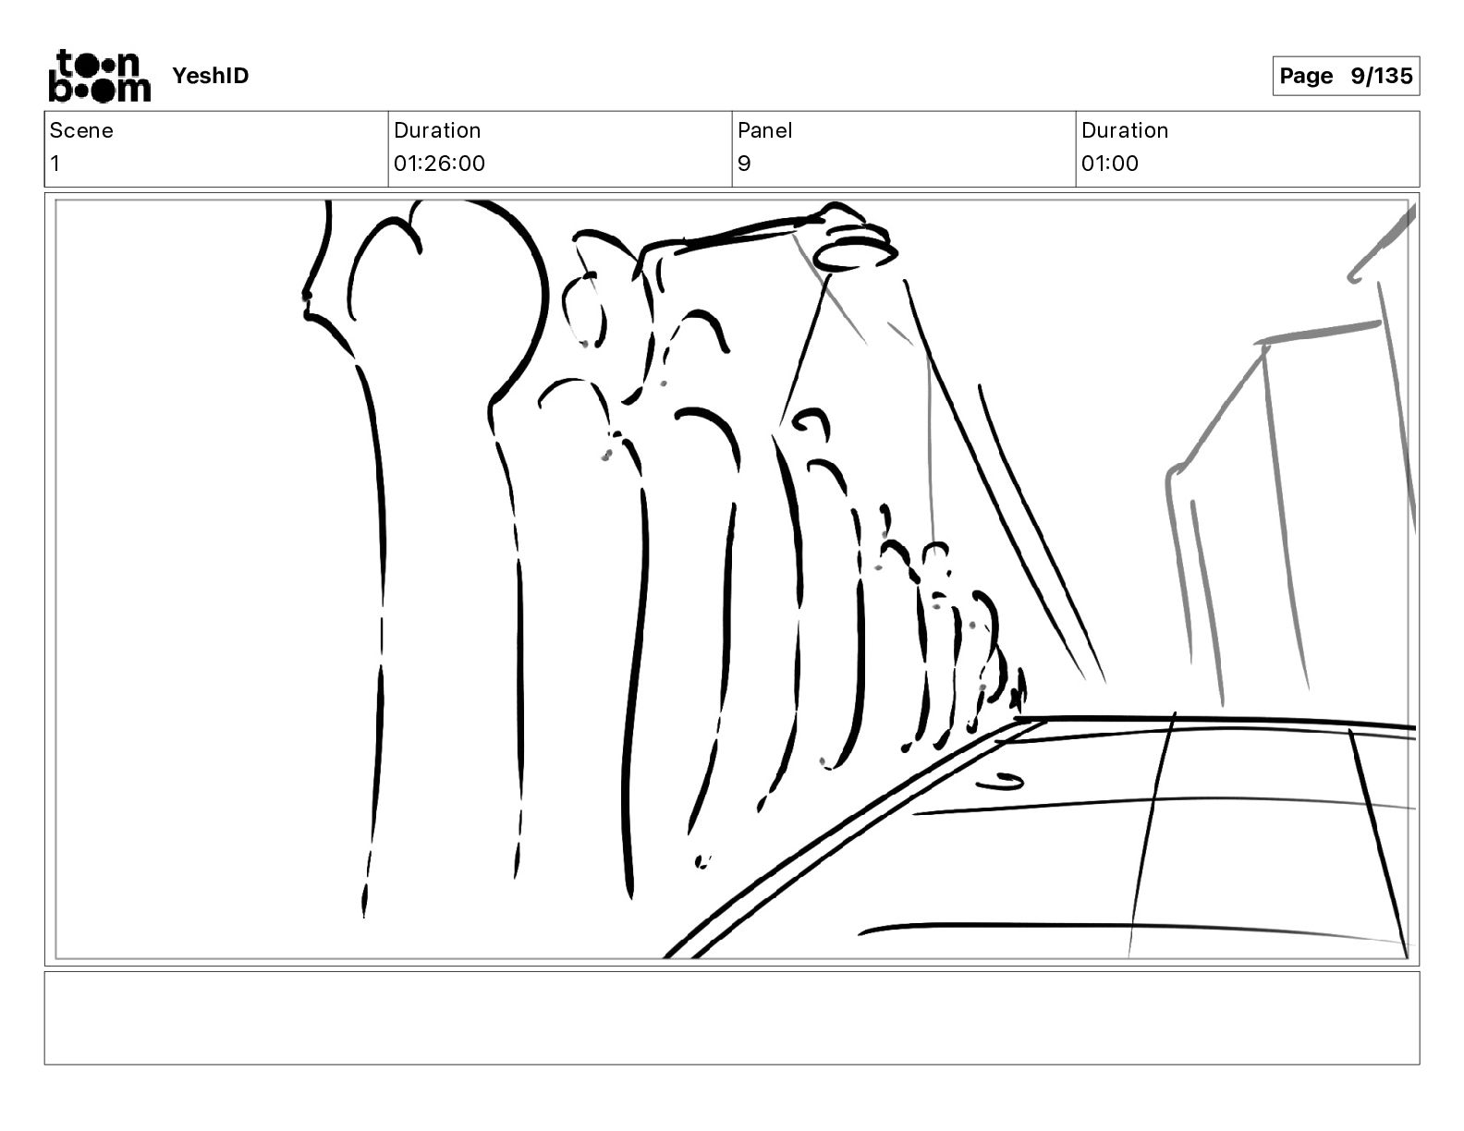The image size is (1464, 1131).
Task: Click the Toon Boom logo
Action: click(100, 76)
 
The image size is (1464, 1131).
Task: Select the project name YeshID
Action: click(210, 76)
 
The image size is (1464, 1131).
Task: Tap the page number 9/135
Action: click(1381, 76)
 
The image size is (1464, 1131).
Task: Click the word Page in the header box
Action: click(1306, 76)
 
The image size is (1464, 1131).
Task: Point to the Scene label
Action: click(80, 130)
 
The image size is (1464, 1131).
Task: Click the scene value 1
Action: click(55, 163)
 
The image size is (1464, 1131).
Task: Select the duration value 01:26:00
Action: click(439, 163)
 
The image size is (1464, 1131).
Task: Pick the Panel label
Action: click(764, 130)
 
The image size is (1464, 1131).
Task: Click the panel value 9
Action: click(744, 163)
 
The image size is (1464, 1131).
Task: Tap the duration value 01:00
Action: click(1110, 163)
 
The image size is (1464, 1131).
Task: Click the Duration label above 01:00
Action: click(1125, 130)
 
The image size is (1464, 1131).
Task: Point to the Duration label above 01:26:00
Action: click(436, 130)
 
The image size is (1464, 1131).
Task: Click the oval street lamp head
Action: click(855, 255)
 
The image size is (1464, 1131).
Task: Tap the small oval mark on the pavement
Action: click(1000, 782)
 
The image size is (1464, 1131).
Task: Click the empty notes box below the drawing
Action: click(732, 1018)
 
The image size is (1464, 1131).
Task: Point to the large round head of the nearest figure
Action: click(445, 283)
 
